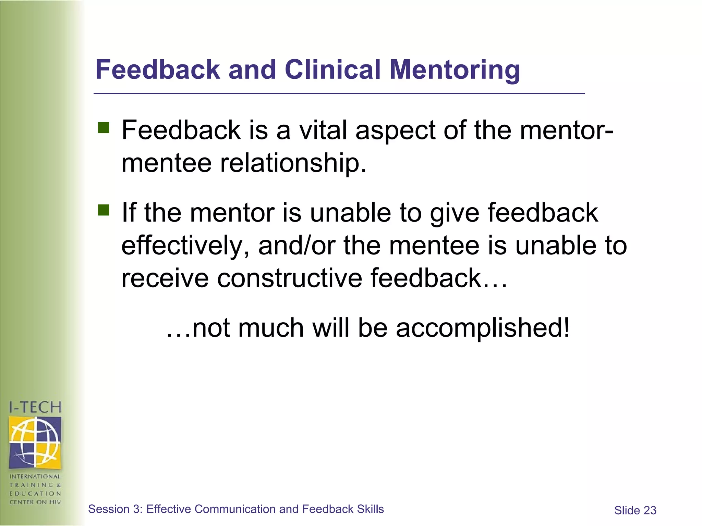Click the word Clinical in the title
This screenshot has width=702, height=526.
pos(332,70)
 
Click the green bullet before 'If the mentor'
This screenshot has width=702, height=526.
pos(103,210)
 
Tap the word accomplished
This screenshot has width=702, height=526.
pos(483,328)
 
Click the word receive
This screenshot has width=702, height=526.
pos(165,278)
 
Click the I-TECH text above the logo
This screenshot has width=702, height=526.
pos(35,408)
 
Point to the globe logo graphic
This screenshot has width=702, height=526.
pos(35,442)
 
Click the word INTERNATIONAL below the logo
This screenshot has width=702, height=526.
pos(35,476)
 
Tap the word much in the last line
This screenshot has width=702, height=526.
pos(271,328)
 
